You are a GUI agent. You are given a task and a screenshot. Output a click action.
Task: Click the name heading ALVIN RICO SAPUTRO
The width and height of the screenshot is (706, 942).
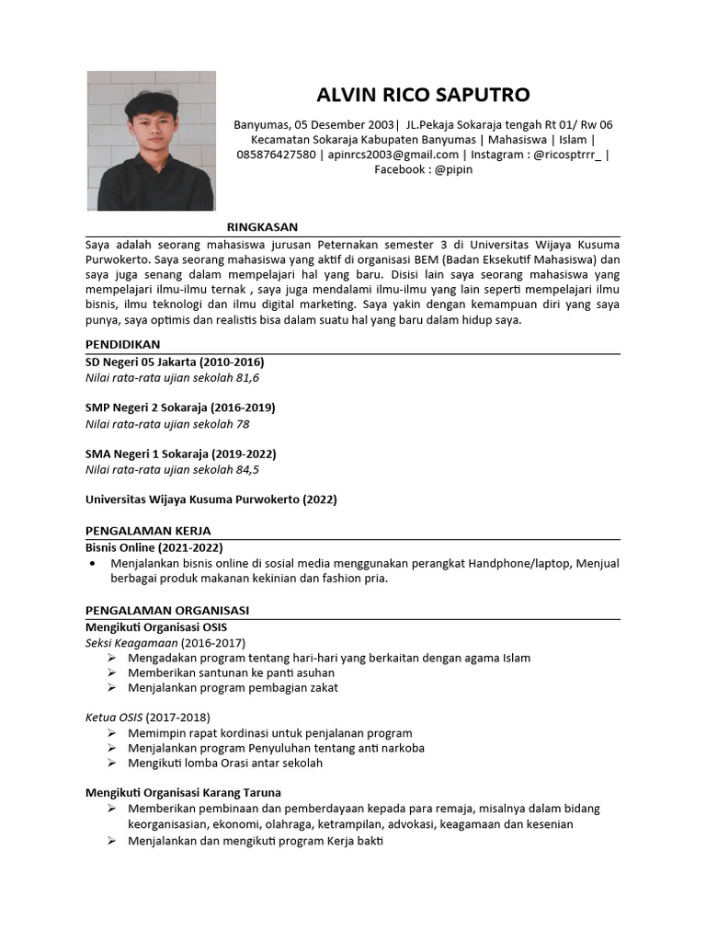tap(423, 96)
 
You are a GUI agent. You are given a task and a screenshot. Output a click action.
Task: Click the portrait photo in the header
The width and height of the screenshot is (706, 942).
tap(151, 141)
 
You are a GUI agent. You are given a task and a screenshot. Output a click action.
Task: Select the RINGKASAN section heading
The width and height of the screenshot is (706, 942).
tap(262, 227)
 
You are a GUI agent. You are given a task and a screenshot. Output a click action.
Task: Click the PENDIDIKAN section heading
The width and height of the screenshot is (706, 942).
tap(122, 344)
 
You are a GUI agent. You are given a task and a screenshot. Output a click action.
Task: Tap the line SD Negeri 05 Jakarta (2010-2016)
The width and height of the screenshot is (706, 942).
tap(175, 362)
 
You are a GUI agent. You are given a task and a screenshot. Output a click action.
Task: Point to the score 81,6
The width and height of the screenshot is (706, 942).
tap(247, 378)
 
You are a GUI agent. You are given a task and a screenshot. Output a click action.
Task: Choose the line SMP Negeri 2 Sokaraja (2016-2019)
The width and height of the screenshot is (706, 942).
tap(180, 408)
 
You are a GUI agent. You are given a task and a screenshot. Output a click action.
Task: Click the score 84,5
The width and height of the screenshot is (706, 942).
tap(247, 470)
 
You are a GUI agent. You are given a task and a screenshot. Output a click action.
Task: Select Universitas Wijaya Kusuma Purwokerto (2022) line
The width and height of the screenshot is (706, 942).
tap(211, 500)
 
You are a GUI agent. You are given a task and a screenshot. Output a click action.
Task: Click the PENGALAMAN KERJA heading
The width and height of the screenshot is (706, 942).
tap(148, 531)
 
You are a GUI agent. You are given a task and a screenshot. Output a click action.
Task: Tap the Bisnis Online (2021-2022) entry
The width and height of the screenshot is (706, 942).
tap(154, 546)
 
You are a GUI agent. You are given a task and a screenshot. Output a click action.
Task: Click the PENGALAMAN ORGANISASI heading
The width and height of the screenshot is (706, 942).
tap(167, 610)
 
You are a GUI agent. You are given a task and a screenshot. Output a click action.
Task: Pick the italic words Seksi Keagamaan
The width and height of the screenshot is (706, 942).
tap(131, 642)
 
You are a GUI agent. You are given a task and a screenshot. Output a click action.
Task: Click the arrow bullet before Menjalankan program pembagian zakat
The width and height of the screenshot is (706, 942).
tap(111, 687)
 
